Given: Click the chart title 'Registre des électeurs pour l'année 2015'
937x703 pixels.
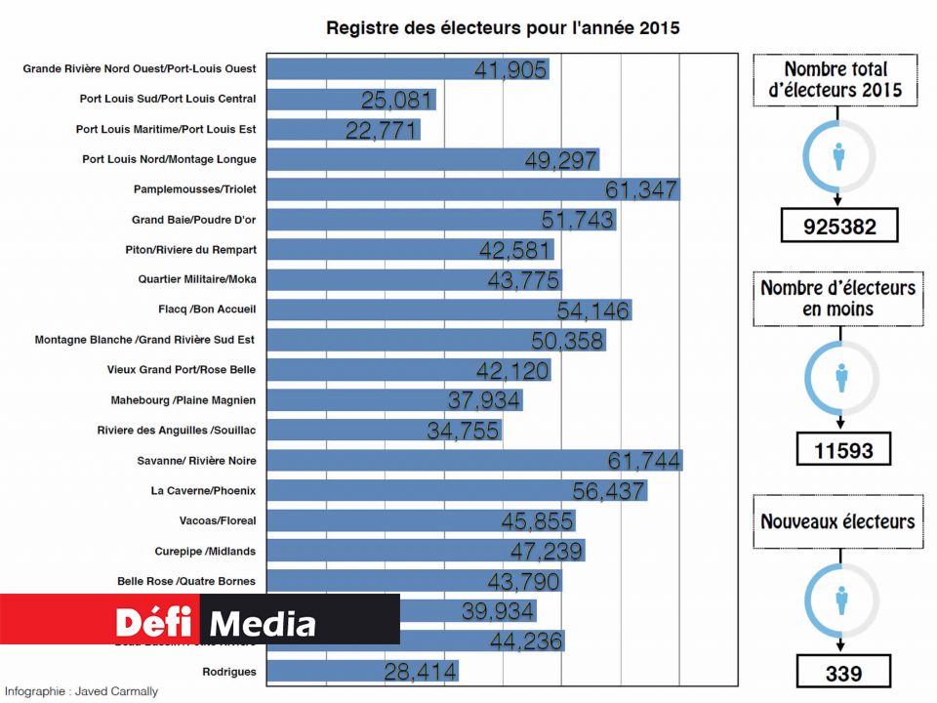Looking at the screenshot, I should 503,28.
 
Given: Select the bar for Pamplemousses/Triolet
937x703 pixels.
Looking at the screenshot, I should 472,189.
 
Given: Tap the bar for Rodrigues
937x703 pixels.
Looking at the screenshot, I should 362,672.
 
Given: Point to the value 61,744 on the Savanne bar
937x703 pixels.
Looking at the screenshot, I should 644,461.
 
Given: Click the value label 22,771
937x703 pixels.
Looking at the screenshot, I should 382,131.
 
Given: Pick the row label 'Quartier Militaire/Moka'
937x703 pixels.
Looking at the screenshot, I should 197,279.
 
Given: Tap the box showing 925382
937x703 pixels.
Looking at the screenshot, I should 838,227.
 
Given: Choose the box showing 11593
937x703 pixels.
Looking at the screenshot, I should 838,450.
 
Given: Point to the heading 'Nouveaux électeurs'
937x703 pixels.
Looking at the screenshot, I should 838,520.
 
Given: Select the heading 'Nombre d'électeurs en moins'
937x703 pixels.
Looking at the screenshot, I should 838,298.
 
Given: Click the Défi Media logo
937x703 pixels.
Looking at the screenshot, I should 215,622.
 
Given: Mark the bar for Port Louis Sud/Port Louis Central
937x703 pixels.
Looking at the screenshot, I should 350,100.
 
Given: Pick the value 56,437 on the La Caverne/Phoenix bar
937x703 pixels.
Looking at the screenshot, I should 608,491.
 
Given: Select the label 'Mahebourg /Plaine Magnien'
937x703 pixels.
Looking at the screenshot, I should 183,400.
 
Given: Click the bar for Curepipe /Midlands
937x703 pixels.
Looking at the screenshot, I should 426,551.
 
